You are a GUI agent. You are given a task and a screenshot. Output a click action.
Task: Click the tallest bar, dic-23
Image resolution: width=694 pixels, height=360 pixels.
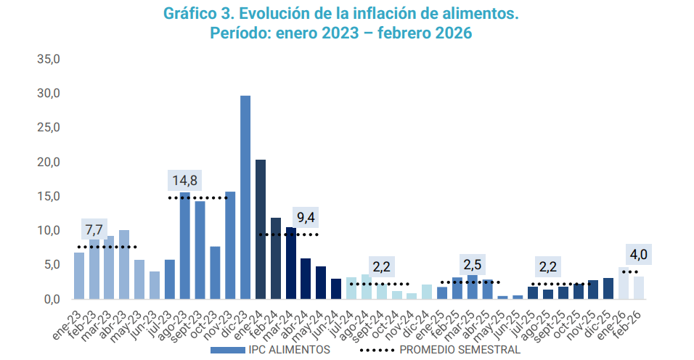(245, 197)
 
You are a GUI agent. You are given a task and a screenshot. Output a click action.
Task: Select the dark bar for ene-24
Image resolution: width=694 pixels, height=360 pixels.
(261, 229)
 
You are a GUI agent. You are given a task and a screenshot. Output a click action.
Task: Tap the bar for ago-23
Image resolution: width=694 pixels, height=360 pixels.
(185, 247)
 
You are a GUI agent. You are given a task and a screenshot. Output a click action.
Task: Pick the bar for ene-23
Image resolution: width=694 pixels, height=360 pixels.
(79, 276)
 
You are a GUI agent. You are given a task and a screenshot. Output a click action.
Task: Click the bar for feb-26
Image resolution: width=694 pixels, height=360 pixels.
(639, 287)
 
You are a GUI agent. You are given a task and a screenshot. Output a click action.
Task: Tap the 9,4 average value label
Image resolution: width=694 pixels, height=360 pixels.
(306, 218)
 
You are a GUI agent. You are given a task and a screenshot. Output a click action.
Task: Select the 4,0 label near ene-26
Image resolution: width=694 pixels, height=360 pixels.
(639, 255)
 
